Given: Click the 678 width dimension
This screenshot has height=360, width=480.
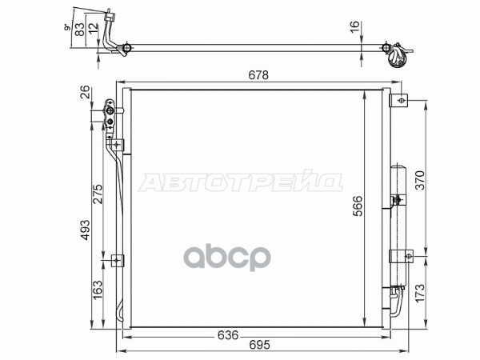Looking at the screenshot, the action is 258,75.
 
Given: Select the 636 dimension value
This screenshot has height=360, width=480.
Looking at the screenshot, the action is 228,335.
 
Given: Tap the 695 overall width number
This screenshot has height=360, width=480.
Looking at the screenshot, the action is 259,345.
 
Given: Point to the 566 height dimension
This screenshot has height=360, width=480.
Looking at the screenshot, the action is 358,206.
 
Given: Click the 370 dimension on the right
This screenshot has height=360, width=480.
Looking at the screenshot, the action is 420,180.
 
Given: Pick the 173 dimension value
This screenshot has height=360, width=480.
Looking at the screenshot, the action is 420,293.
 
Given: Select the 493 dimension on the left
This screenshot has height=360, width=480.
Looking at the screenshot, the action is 85,230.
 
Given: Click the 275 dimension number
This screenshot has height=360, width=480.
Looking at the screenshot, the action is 98,194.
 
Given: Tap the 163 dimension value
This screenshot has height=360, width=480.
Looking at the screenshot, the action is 98,290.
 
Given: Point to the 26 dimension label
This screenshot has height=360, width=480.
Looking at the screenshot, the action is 85,92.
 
